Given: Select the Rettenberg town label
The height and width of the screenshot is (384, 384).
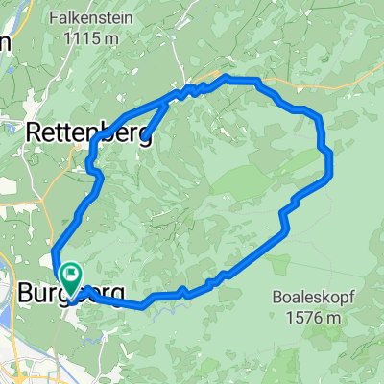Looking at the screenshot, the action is [x=86, y=131].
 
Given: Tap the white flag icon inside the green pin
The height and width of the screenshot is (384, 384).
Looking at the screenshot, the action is [x=71, y=275].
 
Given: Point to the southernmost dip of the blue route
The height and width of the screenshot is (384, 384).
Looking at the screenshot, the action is [x=143, y=307].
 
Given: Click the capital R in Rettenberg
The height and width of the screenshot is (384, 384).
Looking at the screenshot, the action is [x=34, y=131].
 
